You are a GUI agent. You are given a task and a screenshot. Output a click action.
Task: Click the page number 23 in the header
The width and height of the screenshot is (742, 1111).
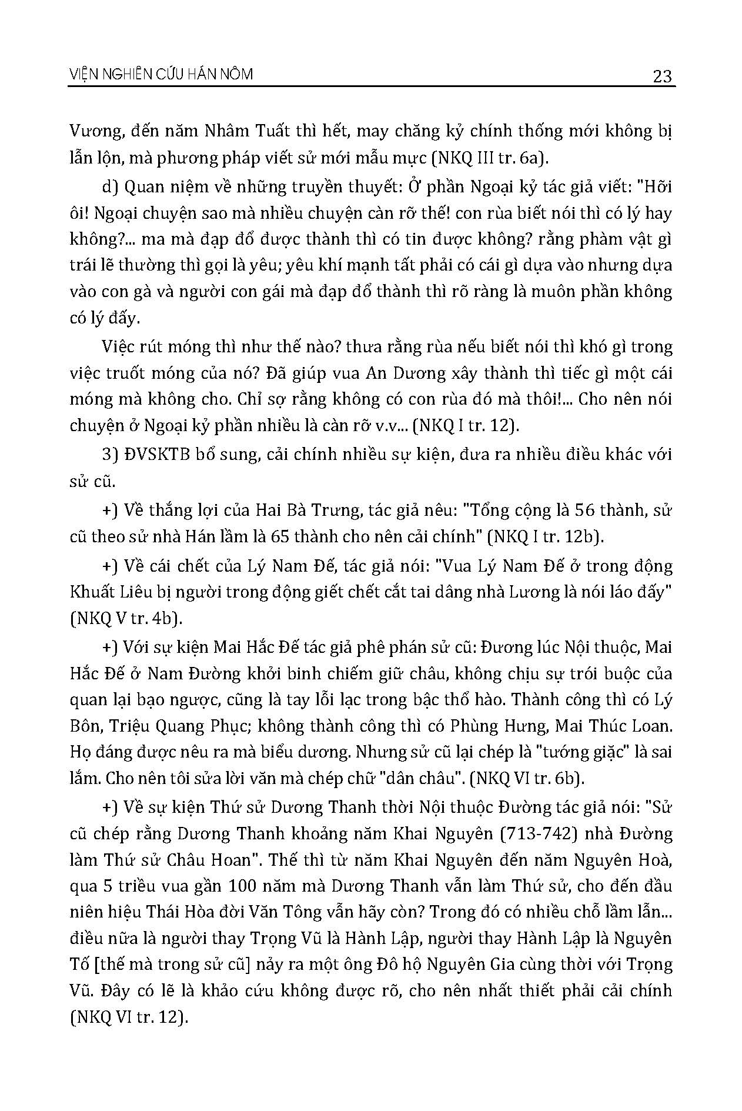[x=661, y=76]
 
